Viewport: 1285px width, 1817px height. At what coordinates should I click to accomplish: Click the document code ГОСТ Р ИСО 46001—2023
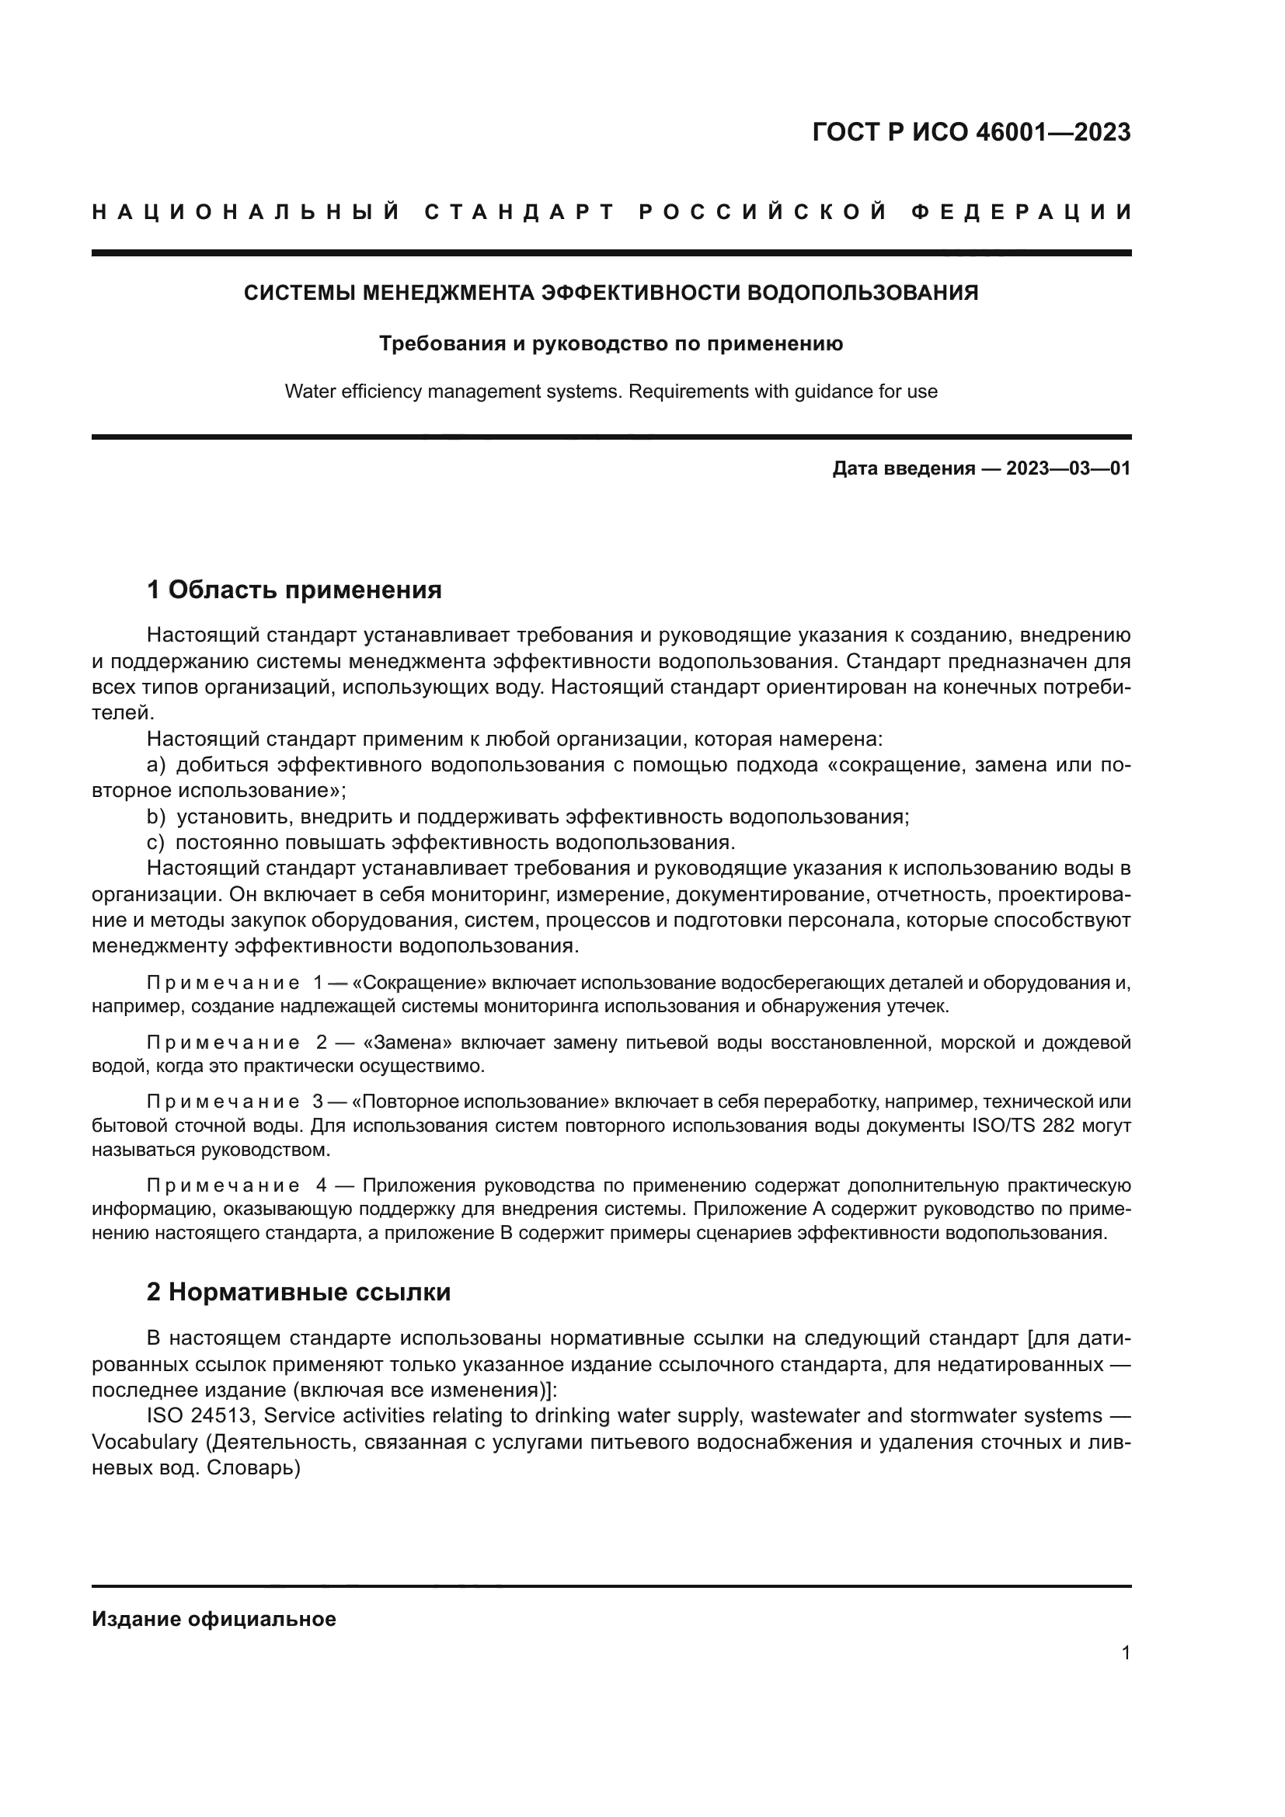tap(971, 132)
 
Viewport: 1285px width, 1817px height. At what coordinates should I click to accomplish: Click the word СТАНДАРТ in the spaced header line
tap(520, 212)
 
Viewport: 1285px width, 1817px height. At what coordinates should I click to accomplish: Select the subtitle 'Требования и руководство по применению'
tap(611, 343)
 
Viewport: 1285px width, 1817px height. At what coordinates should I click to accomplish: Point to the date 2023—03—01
tap(1067, 468)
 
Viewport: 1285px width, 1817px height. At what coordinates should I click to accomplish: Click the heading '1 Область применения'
tap(294, 590)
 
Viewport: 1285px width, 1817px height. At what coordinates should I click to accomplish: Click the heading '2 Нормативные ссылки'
tap(298, 1292)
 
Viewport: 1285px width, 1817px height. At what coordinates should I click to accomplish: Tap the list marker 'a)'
tap(156, 765)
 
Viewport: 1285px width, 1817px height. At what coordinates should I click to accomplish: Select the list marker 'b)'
tap(156, 816)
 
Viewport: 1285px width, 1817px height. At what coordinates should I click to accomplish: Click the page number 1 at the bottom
tap(1125, 1652)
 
